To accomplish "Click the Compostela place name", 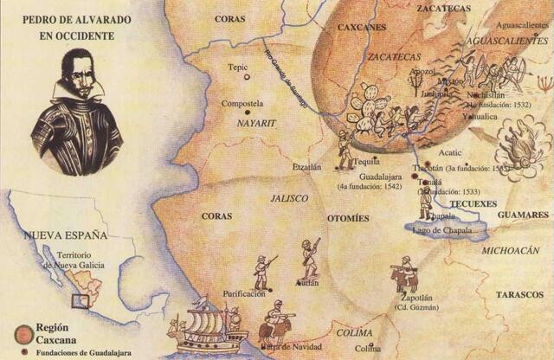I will click(242, 103).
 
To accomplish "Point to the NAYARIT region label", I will click(255, 124).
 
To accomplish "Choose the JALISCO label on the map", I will click(289, 198).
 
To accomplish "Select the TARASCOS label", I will click(519, 294).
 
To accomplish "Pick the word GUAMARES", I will click(523, 214).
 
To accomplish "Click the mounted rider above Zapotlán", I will click(403, 275).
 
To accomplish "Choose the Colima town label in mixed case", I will click(367, 348).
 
